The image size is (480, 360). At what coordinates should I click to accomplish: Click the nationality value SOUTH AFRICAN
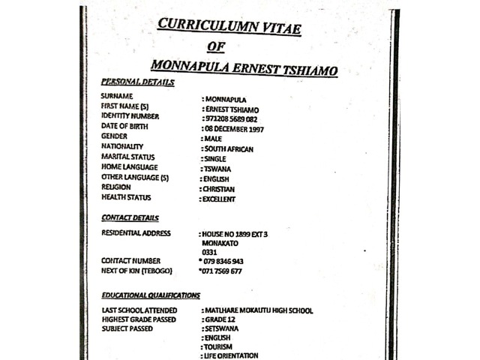pyautogui.click(x=228, y=149)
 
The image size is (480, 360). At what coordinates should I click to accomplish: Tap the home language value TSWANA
pyautogui.click(x=219, y=169)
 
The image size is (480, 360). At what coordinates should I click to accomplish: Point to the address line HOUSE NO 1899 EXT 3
pyautogui.click(x=234, y=234)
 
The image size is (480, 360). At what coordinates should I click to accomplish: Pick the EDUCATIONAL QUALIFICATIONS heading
pyautogui.click(x=151, y=295)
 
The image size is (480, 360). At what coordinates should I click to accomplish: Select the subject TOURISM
pyautogui.click(x=219, y=346)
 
